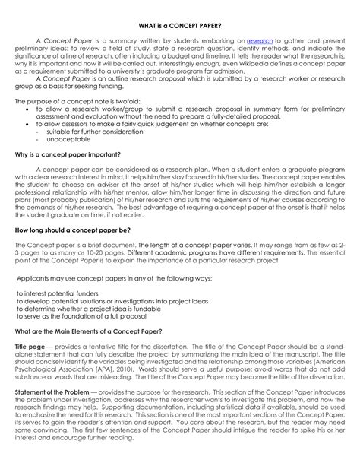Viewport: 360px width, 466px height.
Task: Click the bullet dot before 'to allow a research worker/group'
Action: pyautogui.click(x=29, y=109)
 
